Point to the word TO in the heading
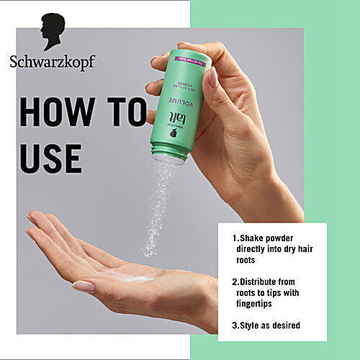pyautogui.click(x=124, y=114)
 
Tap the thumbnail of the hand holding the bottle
pyautogui.click(x=212, y=77)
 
